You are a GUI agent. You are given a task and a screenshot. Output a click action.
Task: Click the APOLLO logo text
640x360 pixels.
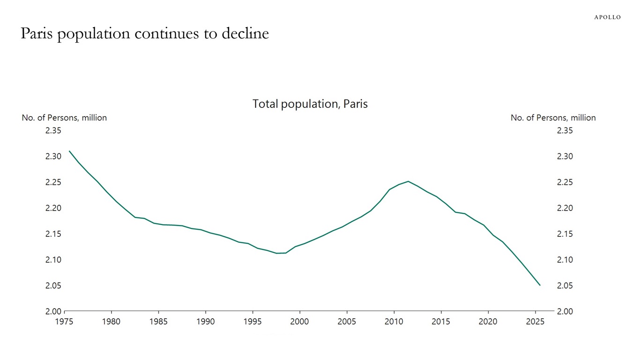607,17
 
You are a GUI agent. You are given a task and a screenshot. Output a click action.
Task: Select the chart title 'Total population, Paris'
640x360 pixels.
310,104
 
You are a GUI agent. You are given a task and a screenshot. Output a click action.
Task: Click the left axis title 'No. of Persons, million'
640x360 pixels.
64,118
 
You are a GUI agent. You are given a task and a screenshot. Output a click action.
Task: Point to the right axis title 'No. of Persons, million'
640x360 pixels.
553,118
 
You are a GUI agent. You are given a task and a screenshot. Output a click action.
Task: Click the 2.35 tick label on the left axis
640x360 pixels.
53,131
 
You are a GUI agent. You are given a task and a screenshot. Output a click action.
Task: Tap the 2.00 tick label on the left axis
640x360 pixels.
53,311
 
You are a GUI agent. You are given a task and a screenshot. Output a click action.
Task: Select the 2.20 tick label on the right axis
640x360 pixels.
565,208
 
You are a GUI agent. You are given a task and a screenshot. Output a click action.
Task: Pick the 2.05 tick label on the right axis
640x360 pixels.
565,285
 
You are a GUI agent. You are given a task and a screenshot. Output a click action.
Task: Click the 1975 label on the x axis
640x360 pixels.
64,322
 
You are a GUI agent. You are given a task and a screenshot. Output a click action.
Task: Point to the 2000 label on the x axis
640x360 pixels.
299,322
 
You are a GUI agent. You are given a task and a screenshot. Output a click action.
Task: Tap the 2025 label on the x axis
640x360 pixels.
535,322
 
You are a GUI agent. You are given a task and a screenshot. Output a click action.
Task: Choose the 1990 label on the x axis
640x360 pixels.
205,322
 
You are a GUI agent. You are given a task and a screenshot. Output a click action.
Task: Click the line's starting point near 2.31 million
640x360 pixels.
69,151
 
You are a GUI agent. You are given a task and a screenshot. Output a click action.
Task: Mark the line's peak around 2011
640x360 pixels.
408,181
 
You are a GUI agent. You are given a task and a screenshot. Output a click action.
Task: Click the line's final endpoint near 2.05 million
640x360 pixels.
540,285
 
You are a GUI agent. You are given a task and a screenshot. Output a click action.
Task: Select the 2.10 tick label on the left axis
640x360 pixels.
53,260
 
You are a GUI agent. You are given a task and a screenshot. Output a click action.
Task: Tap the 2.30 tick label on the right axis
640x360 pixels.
565,157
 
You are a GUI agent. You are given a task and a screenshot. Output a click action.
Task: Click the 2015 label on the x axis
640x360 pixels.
441,322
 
